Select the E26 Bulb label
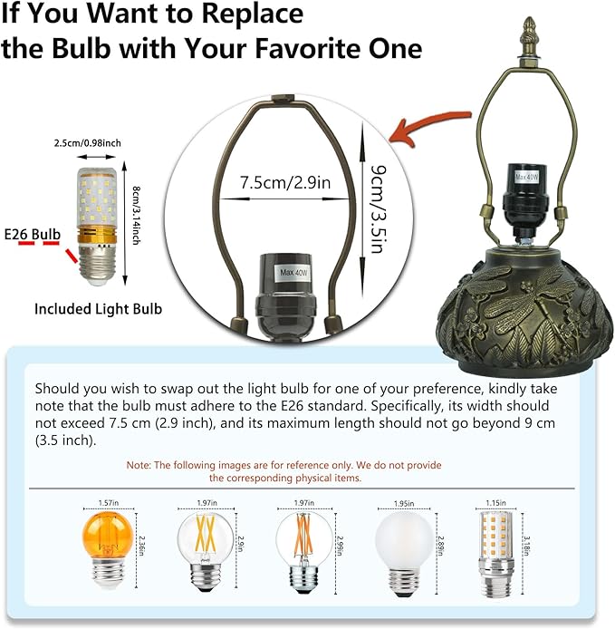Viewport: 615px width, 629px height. click(x=33, y=235)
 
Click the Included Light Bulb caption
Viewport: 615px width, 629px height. click(x=98, y=309)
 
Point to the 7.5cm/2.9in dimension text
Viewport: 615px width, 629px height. click(x=285, y=181)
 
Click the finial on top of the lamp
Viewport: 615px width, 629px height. click(x=529, y=34)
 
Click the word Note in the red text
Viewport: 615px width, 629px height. click(x=139, y=465)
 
